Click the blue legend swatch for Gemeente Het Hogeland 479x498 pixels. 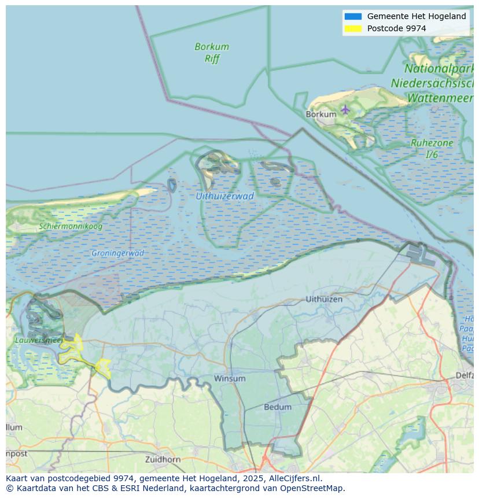coord(352,16)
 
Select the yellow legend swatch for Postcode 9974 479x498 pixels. coord(352,28)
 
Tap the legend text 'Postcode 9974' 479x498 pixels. coord(396,28)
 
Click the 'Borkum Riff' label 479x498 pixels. coord(212,52)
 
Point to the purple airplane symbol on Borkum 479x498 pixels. coord(345,109)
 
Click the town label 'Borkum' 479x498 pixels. coord(320,115)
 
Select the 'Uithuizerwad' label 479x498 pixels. coord(224,196)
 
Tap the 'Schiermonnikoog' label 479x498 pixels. coord(71,226)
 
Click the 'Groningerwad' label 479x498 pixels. coord(117,253)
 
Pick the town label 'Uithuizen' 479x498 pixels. coord(324,299)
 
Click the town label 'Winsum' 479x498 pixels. coord(230,378)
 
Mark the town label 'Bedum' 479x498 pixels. coord(278,407)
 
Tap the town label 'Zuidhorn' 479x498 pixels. coord(163,459)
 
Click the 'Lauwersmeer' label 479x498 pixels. coord(38,340)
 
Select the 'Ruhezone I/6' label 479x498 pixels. coord(432,149)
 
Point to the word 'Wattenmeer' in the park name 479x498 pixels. coord(440,98)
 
